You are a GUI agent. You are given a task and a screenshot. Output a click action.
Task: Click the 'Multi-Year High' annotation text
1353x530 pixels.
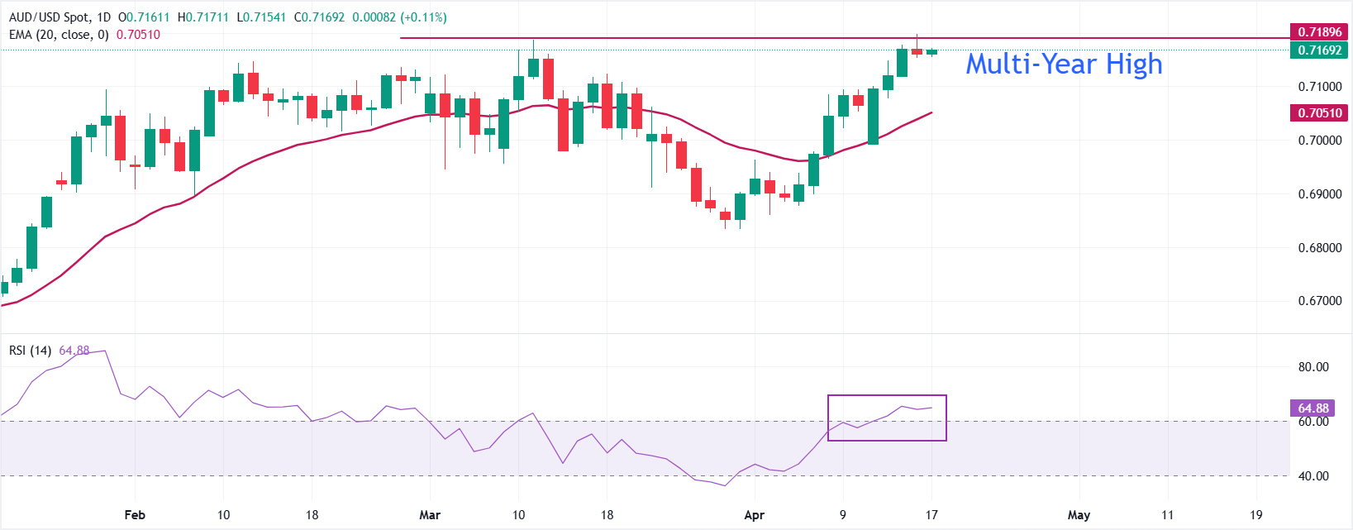(1064, 64)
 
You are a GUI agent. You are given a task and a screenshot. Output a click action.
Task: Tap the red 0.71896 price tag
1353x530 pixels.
(1319, 32)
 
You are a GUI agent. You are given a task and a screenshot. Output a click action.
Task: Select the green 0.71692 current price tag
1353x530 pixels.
(1319, 50)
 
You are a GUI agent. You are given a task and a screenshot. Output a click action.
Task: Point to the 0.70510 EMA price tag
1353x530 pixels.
(1319, 113)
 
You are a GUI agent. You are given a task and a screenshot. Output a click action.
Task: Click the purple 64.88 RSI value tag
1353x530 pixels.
(1313, 408)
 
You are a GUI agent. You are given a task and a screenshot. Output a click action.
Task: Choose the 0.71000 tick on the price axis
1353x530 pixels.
(1319, 87)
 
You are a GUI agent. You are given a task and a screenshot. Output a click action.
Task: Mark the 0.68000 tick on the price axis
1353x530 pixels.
(1319, 248)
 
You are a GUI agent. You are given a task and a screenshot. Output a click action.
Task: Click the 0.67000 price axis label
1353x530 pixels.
(1319, 301)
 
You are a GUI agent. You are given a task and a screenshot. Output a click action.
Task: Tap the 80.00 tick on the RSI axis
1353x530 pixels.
(1313, 367)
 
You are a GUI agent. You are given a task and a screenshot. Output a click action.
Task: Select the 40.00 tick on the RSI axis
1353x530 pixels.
(1313, 476)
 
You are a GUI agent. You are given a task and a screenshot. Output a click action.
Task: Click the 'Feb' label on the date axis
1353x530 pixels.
(135, 515)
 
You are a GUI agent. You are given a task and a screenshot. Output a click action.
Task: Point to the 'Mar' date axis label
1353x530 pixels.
(430, 515)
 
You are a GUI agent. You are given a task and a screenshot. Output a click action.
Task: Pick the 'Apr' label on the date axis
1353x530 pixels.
(755, 515)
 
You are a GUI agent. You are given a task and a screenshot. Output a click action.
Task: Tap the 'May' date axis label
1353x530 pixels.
(1079, 515)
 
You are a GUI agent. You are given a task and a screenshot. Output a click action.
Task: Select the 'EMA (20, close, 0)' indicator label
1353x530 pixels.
(59, 35)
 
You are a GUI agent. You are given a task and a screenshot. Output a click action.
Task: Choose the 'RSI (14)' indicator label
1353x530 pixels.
(30, 351)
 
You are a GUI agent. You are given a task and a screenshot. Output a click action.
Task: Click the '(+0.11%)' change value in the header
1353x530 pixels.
(424, 17)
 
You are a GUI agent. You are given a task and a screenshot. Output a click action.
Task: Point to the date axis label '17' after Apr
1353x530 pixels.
(931, 515)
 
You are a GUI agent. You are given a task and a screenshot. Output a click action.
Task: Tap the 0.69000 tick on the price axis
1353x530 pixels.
(1319, 194)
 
